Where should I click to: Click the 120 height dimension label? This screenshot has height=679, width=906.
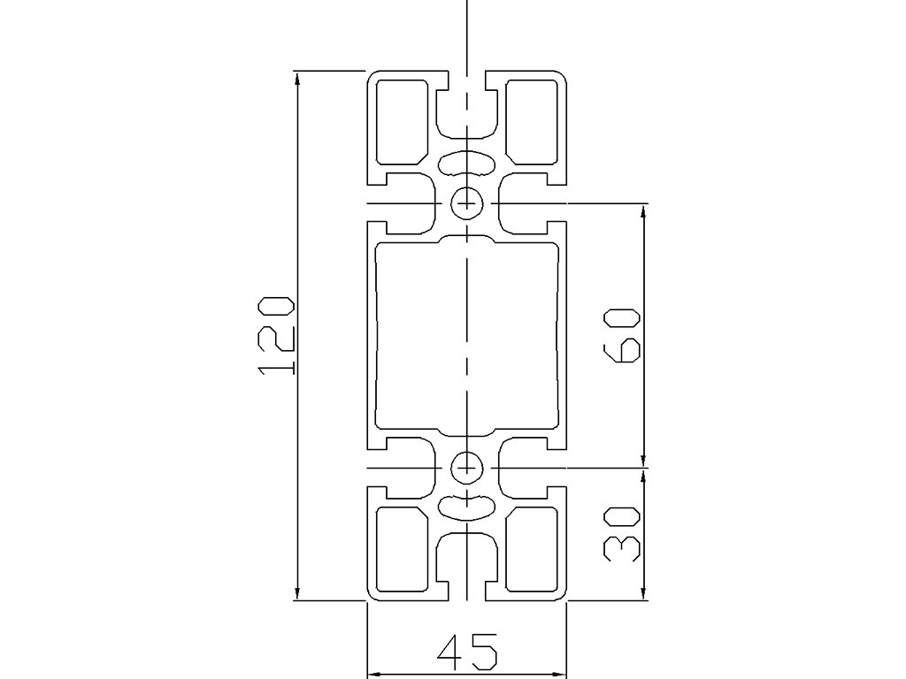click(x=275, y=335)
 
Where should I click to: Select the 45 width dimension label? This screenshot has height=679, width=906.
click(x=466, y=652)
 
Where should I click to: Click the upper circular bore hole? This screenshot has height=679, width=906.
click(x=466, y=203)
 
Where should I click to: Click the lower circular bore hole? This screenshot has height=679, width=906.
click(x=466, y=466)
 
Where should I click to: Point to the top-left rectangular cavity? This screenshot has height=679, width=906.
click(x=403, y=122)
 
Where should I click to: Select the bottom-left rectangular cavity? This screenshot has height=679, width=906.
click(x=403, y=548)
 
